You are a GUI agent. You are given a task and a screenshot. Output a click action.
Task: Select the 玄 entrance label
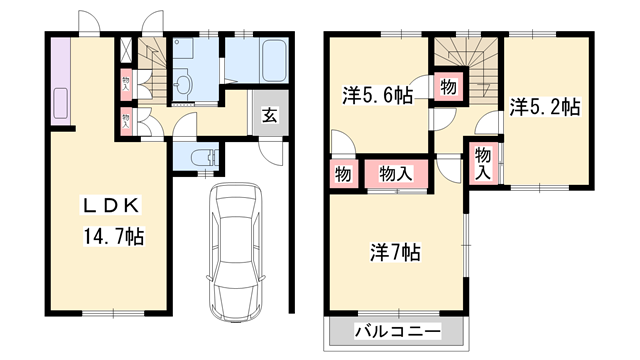point(270,113)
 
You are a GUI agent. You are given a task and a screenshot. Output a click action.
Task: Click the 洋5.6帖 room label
point(377,96)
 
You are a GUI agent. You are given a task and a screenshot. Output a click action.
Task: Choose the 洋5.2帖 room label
point(545,105)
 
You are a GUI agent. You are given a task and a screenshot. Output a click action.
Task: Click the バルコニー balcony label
point(397,331)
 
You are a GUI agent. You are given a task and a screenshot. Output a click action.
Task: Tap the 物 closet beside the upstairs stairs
point(449,87)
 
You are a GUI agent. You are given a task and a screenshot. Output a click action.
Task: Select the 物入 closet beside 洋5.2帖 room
point(483,161)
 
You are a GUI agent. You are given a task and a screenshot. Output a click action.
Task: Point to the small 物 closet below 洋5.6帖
point(342,174)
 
